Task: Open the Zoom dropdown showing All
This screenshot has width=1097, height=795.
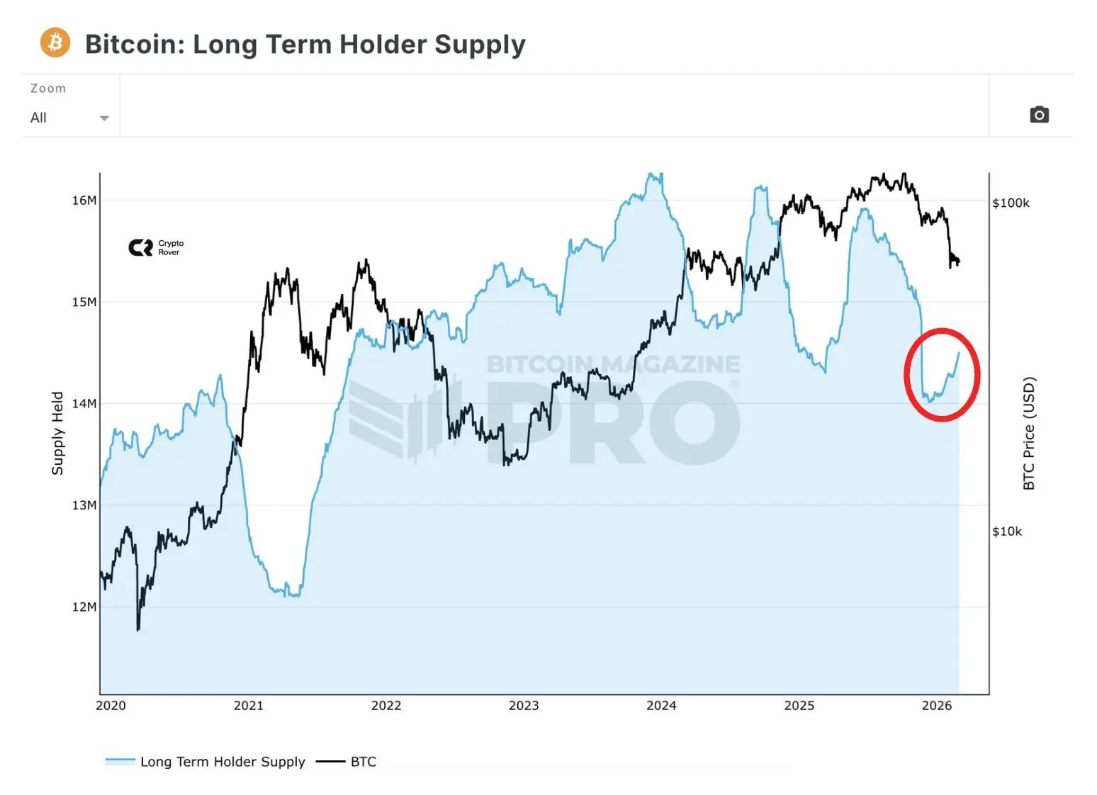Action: [69, 118]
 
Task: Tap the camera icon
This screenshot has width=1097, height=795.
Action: [1039, 115]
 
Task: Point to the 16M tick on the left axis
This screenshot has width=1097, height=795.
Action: [84, 201]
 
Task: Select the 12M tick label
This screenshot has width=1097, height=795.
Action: [84, 607]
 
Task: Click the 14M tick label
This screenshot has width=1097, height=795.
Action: [84, 403]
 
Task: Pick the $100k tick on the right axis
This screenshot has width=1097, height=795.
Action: [1011, 203]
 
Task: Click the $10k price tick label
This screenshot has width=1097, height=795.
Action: [1007, 531]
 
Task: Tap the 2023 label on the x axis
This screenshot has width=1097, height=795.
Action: [524, 706]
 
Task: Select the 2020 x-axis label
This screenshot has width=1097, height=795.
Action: [111, 706]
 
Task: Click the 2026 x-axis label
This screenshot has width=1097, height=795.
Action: [937, 706]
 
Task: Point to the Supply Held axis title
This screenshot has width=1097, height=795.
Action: [57, 433]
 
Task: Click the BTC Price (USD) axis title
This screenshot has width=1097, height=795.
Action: [1029, 433]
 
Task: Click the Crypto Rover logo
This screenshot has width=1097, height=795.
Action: [156, 247]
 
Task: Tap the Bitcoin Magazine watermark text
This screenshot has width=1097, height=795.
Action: [613, 364]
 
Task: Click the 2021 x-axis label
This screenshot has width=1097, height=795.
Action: [248, 706]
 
